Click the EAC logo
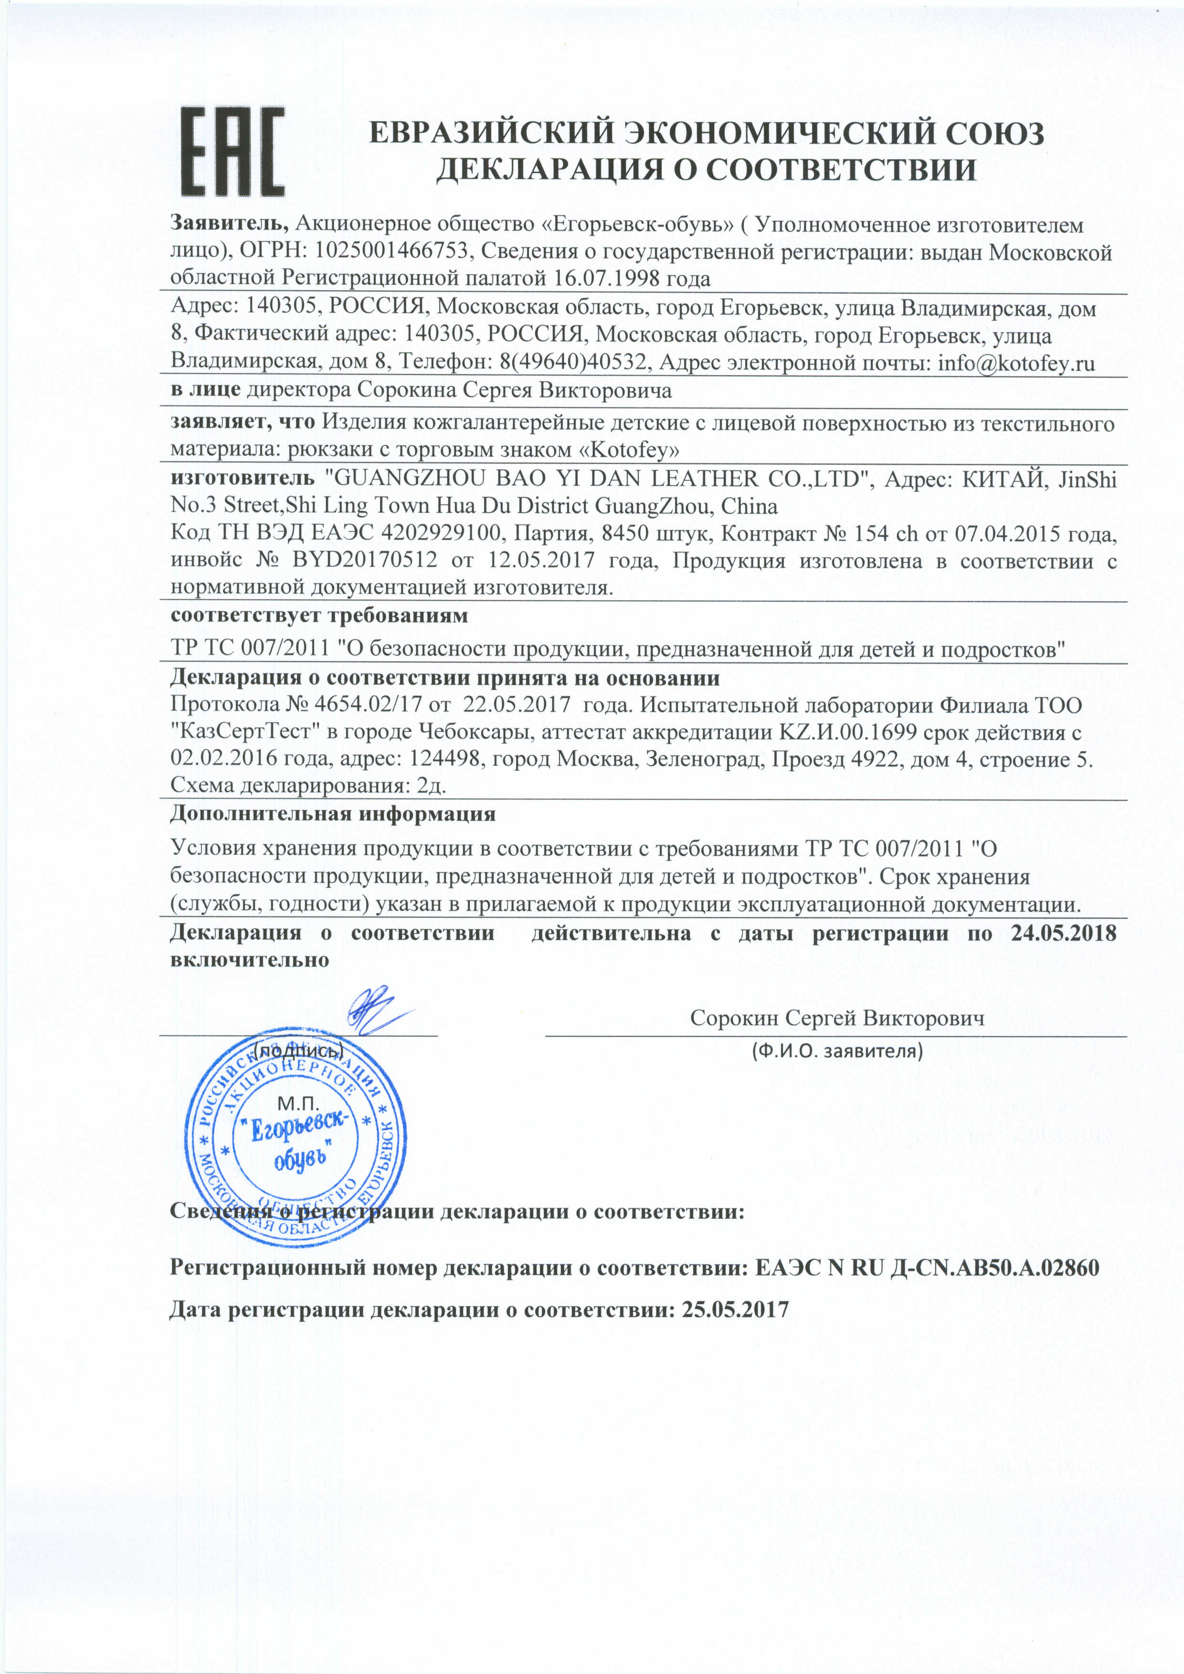click(x=232, y=152)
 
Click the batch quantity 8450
click(x=626, y=534)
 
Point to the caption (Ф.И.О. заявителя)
click(x=836, y=1051)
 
